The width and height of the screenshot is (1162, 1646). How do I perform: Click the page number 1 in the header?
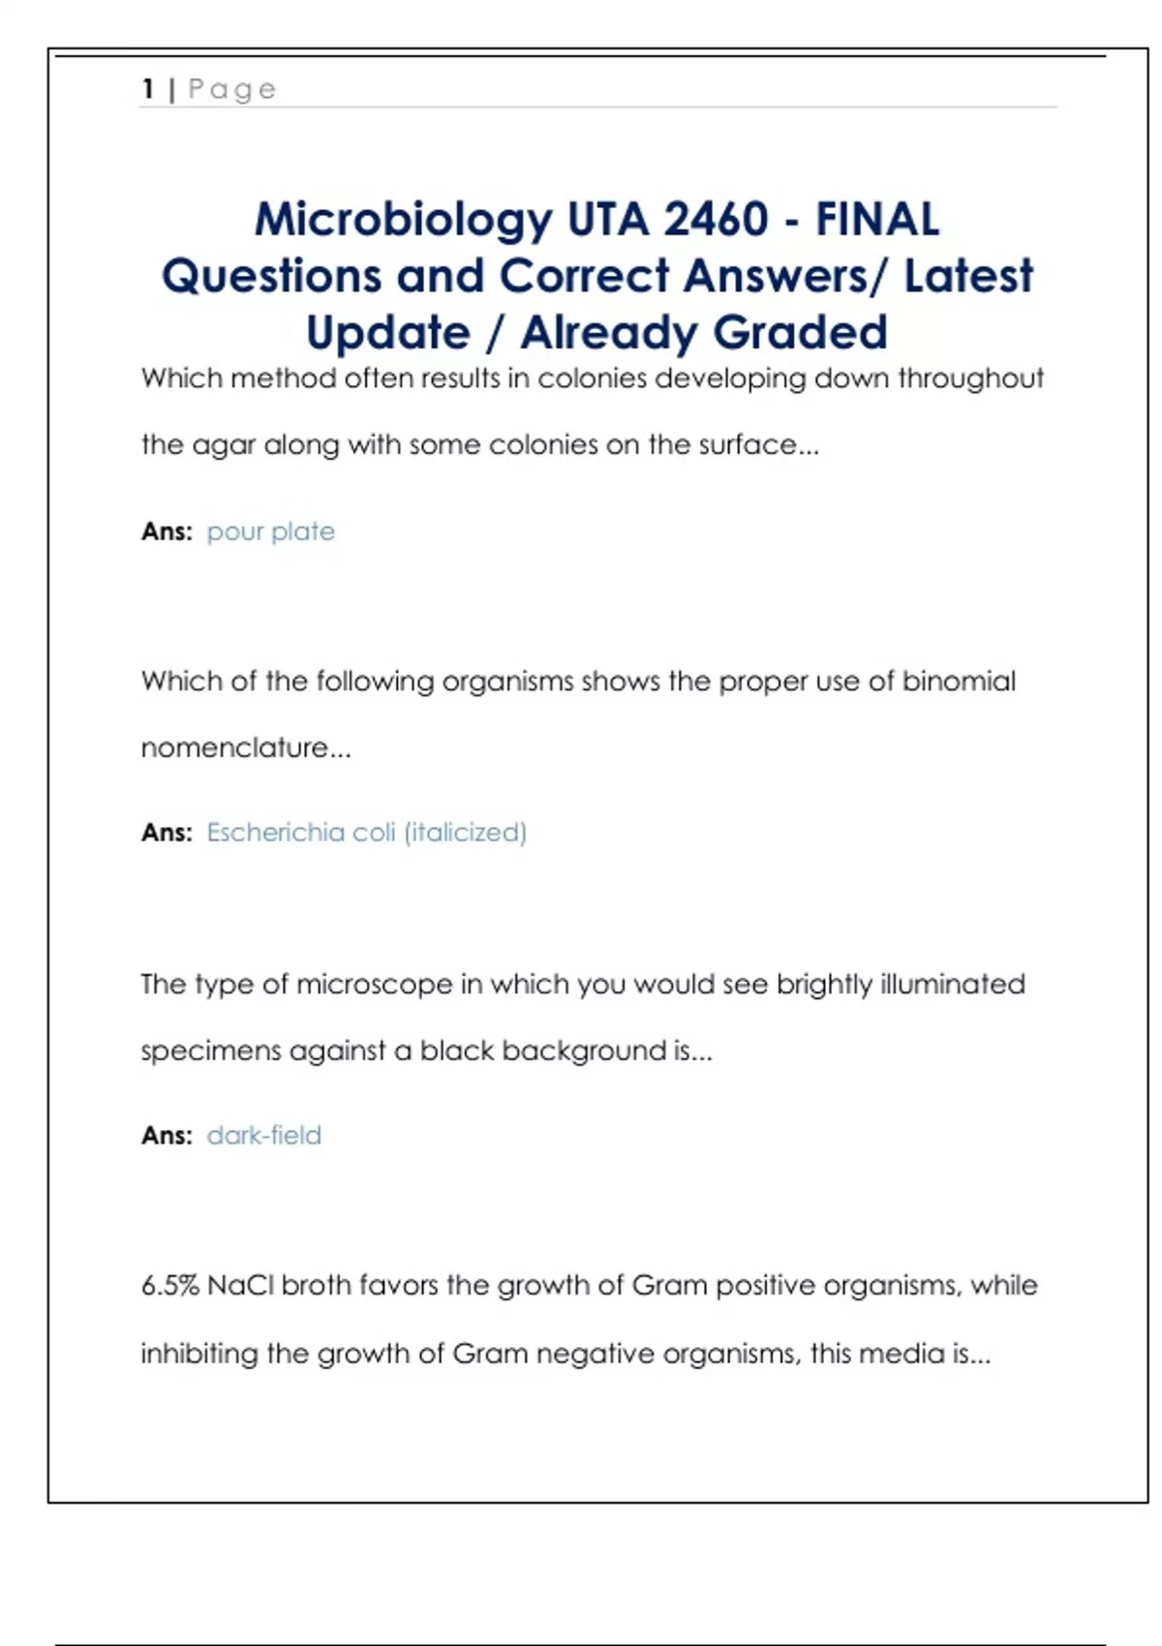(x=148, y=89)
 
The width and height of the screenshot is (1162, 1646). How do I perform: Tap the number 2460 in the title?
(x=716, y=220)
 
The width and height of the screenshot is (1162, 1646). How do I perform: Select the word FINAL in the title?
(x=877, y=220)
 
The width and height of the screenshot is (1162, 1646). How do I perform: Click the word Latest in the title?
(x=968, y=277)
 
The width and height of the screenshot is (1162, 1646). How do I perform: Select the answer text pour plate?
(x=270, y=532)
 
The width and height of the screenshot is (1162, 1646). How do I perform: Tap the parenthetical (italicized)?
(x=465, y=833)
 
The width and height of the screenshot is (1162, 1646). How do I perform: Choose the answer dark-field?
(x=263, y=1136)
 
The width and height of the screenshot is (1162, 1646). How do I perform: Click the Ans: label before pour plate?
(x=167, y=532)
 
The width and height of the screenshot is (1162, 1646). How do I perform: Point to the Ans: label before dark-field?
(x=167, y=1136)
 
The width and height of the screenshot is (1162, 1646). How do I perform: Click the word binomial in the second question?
(x=959, y=682)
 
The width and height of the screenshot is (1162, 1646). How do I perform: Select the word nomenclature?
(x=234, y=748)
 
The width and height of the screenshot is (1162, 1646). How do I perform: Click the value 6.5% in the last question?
(x=169, y=1286)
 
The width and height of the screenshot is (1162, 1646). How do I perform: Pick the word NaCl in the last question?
(x=240, y=1286)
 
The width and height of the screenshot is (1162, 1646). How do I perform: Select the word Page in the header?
(x=231, y=90)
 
